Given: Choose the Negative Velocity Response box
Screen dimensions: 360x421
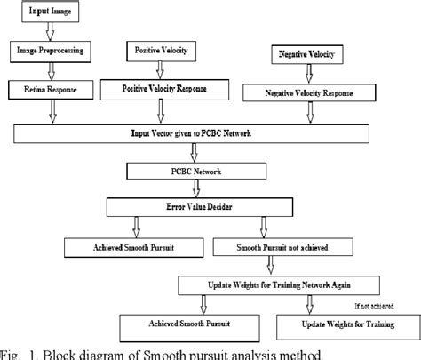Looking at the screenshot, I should click(x=322, y=93).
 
